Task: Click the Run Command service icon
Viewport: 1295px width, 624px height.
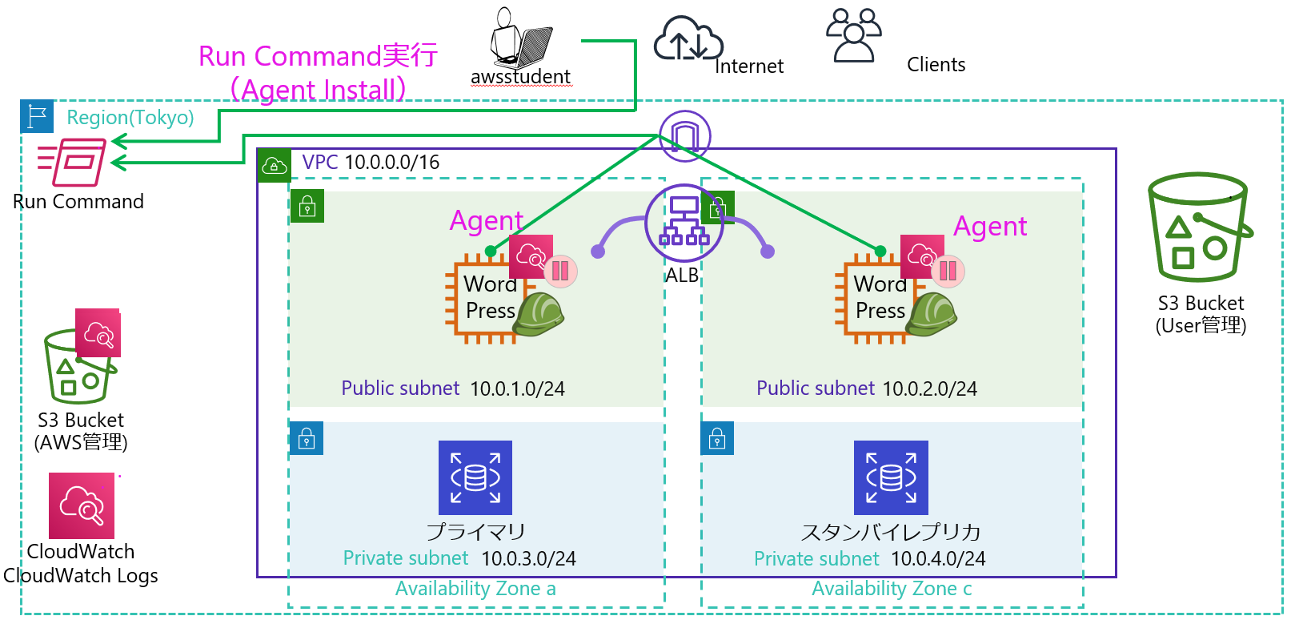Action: pos(72,162)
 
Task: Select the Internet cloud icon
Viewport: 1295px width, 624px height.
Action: pos(688,39)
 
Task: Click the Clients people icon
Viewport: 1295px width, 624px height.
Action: pos(853,35)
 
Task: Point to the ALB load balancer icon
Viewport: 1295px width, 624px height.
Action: pos(684,223)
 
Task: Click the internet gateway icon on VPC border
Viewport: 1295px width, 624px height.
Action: pos(685,135)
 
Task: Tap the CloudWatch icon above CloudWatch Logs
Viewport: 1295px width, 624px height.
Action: pos(82,505)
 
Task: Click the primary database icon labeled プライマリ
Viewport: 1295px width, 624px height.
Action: pos(475,477)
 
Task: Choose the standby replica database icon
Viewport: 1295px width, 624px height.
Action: pos(891,477)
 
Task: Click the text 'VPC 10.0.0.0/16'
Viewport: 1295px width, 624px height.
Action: pos(371,163)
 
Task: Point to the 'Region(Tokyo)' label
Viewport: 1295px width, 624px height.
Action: pos(130,118)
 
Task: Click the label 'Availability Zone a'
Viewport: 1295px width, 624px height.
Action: pos(475,589)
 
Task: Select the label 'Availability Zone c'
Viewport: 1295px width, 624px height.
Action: pos(892,589)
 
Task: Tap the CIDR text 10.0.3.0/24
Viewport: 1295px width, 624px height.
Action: pos(528,558)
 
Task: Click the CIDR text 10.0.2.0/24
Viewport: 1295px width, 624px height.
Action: pos(929,388)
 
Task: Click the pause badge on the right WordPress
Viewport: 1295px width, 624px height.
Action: pos(948,271)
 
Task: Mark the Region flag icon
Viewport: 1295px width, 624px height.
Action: pos(37,116)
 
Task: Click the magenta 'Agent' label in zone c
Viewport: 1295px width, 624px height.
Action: pos(990,227)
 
